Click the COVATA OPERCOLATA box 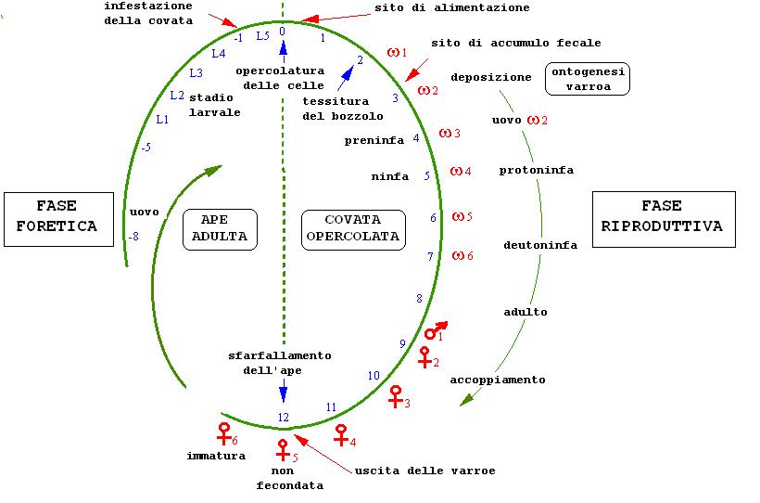354,227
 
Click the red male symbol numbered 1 434,331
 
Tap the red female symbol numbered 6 223,432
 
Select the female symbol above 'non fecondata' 283,449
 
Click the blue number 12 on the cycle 284,418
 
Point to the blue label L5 262,36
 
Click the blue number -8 133,237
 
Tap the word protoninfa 536,170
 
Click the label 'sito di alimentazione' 452,7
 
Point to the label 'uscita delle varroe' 424,471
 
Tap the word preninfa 374,141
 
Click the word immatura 216,456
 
